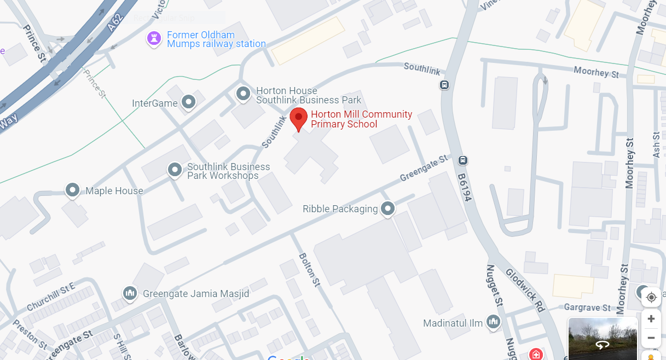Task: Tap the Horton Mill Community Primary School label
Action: (361, 119)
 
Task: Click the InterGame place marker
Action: (189, 102)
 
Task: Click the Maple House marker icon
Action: (73, 190)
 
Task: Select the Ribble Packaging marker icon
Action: (388, 208)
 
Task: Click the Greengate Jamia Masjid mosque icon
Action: (130, 293)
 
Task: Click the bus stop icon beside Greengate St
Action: (463, 160)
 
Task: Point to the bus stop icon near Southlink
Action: (444, 85)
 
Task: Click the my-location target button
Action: (651, 297)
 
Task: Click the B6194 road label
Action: (465, 188)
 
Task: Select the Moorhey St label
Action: (596, 72)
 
